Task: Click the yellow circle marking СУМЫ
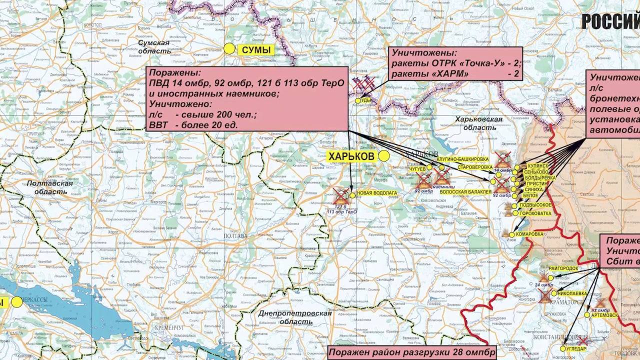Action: click(x=229, y=48)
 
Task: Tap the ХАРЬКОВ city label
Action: click(x=351, y=156)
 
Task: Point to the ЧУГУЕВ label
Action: click(x=417, y=169)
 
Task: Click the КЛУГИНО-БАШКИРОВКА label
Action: click(x=459, y=159)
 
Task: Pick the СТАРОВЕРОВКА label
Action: click(x=475, y=167)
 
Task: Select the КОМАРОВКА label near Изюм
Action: click(x=529, y=234)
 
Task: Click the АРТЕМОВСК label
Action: click(x=604, y=315)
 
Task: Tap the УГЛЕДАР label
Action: click(x=576, y=349)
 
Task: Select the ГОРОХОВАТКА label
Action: click(x=535, y=213)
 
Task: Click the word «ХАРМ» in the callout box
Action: click(x=452, y=74)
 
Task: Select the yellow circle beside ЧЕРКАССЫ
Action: click(x=17, y=301)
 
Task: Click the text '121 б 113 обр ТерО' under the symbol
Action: click(x=341, y=209)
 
